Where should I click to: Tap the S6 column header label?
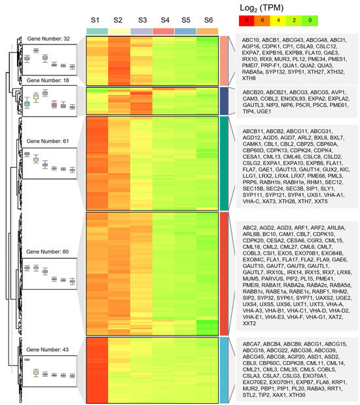[x=207, y=21]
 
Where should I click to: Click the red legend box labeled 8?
[x=246, y=21]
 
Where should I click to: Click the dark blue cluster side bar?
[x=223, y=100]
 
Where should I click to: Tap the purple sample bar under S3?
[x=141, y=31]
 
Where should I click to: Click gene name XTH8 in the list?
[x=248, y=77]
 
